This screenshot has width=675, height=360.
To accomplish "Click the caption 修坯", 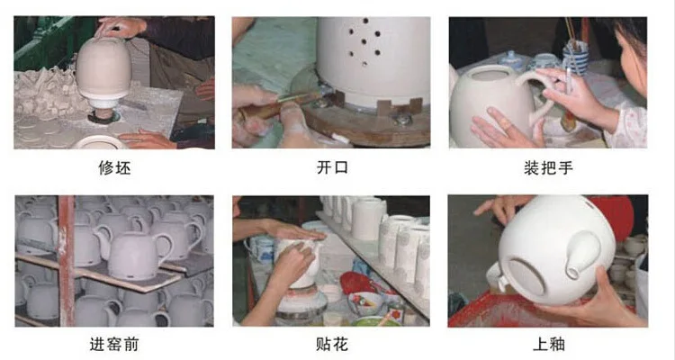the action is click(x=114, y=167).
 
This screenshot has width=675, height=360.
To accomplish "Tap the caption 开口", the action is click(x=332, y=167).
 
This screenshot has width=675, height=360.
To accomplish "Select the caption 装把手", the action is click(x=548, y=167).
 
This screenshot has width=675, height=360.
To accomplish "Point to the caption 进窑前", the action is click(x=114, y=344).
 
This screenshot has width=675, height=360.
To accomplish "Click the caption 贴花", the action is click(x=332, y=344).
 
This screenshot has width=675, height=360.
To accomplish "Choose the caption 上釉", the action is click(x=548, y=344).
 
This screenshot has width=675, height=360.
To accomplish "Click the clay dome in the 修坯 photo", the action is click(x=103, y=69).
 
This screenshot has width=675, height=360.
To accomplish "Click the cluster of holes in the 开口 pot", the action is click(x=364, y=42).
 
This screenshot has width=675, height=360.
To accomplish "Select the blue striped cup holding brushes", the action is click(x=575, y=59).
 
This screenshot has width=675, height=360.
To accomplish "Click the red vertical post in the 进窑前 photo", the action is click(x=67, y=260).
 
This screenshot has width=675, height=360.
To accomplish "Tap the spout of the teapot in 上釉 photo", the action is click(x=581, y=255).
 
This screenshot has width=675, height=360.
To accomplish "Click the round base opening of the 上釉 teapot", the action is click(x=526, y=275).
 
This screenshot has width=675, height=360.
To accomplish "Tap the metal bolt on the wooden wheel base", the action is click(x=403, y=120).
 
